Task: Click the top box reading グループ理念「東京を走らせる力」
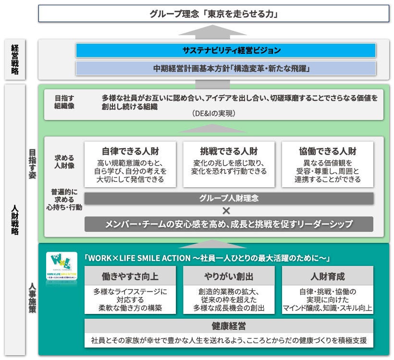coord(214,13)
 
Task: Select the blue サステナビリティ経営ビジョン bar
coord(225,50)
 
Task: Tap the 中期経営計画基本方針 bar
coord(225,68)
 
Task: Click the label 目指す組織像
coord(64,102)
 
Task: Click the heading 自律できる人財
coord(131,151)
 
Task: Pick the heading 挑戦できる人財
coord(229,151)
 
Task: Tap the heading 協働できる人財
coord(328,151)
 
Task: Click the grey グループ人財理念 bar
coord(229,198)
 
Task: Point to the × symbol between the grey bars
coord(226,210)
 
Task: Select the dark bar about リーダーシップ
coord(229,224)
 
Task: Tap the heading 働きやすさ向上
coord(131,276)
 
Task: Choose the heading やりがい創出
coord(229,276)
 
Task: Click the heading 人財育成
coord(328,276)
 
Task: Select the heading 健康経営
coord(229,326)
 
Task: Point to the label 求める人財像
coord(64,161)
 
